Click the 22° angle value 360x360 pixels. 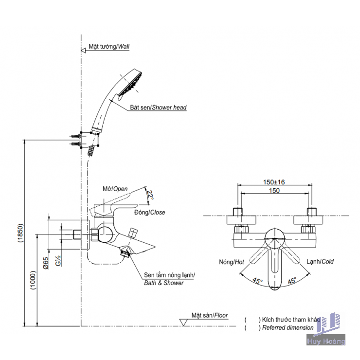coord(150,196)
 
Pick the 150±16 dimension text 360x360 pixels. coord(274,182)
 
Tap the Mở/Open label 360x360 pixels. coord(115,188)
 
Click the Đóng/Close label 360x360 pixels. coord(149,212)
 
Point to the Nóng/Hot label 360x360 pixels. coord(232,262)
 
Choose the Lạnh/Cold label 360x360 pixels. coord(320,262)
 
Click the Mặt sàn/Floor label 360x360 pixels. coord(209,315)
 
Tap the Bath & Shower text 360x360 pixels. coord(163,283)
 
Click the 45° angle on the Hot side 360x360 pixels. coord(257,280)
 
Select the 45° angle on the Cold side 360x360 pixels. coord(292,280)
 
